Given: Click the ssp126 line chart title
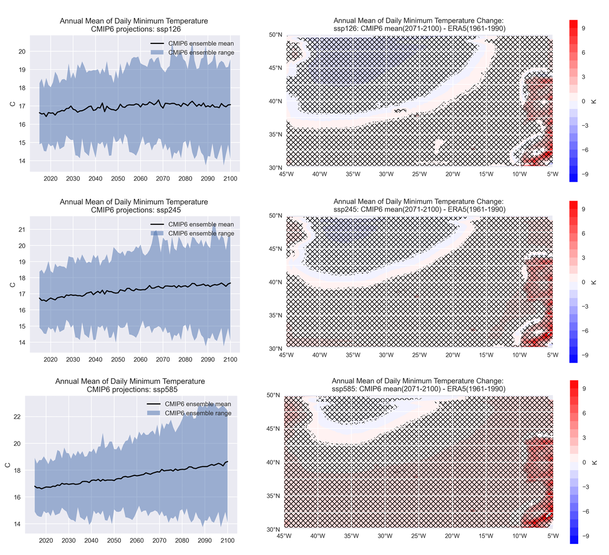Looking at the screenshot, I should click(134, 25).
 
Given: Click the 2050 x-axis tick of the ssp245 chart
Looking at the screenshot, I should click(118, 360).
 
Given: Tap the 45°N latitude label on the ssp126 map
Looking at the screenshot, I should click(276, 68).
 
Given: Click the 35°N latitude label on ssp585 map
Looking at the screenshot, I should click(273, 496).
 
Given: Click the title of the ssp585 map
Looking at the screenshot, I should click(418, 385).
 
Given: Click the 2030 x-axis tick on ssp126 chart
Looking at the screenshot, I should click(73, 179).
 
